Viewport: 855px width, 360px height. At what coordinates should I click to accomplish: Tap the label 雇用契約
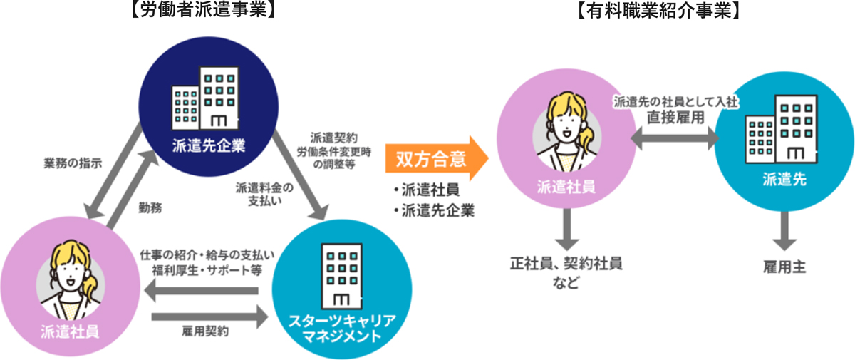pos(206,331)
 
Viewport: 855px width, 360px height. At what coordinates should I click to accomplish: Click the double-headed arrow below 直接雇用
pos(675,140)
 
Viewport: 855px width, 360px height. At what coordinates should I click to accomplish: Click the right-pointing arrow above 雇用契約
pos(206,314)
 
